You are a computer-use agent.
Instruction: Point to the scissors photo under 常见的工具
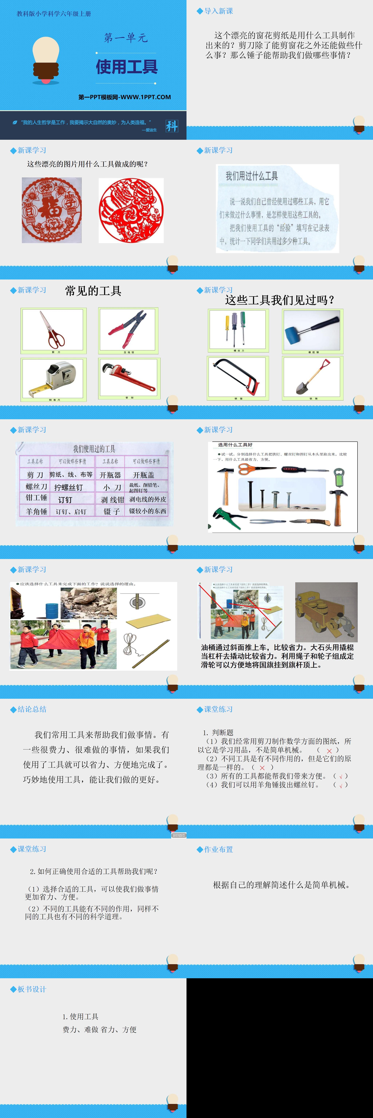click(53, 330)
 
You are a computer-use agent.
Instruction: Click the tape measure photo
click(53, 378)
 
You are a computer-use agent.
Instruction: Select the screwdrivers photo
click(238, 330)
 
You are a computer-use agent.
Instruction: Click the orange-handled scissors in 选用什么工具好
click(256, 469)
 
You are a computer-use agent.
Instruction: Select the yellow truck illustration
click(326, 612)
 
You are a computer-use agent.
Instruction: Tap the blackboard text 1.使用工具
click(81, 1016)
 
